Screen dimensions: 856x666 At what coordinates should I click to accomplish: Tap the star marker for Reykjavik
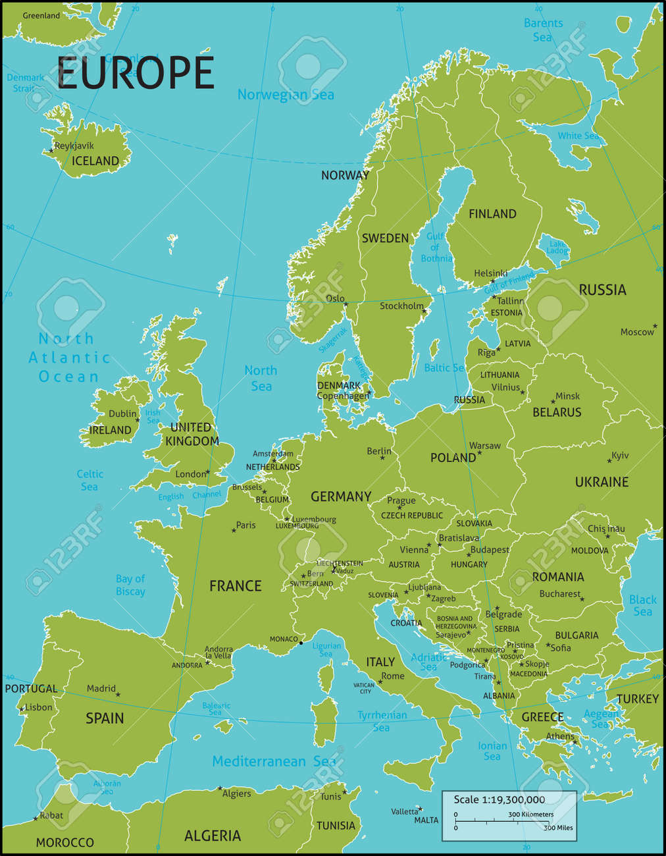(51, 151)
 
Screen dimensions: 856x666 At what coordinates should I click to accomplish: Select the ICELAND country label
(95, 161)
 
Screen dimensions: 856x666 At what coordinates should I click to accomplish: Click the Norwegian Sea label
(286, 94)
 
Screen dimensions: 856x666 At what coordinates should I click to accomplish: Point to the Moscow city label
(637, 332)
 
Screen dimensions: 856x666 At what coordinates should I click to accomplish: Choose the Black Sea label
(642, 605)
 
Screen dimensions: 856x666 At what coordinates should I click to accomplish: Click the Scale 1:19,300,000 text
(499, 799)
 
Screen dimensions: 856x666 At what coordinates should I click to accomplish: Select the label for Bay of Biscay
(130, 585)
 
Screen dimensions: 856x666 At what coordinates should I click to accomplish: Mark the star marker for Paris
(234, 530)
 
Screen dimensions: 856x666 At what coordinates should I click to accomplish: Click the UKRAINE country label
(602, 482)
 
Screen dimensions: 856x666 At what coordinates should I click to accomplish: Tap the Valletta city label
(404, 811)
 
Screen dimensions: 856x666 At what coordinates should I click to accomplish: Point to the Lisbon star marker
(22, 709)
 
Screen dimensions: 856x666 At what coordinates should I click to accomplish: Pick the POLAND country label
(453, 458)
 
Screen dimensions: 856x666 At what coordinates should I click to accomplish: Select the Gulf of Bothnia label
(436, 248)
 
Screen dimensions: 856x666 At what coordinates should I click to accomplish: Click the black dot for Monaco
(301, 643)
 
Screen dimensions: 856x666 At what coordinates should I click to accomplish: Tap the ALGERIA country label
(212, 836)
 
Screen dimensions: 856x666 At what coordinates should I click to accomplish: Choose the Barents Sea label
(543, 30)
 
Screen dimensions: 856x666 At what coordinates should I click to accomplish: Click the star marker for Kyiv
(609, 461)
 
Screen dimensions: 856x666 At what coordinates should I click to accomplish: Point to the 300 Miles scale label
(558, 828)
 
